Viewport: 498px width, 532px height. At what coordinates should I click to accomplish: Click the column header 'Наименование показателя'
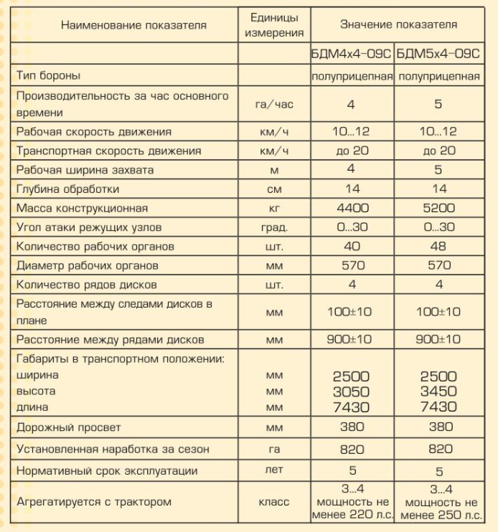pyautogui.click(x=133, y=25)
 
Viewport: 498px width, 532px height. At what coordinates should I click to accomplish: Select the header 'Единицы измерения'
pyautogui.click(x=274, y=25)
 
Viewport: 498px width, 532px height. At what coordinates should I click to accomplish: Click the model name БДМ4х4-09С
pyautogui.click(x=352, y=53)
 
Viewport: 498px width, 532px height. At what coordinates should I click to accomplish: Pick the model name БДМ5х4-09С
pyautogui.click(x=439, y=53)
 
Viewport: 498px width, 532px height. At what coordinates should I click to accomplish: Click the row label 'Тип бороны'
pyautogui.click(x=49, y=75)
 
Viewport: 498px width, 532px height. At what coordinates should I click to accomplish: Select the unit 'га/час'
pyautogui.click(x=274, y=105)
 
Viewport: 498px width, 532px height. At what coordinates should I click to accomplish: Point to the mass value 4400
pyautogui.click(x=352, y=209)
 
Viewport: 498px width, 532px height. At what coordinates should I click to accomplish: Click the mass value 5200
pyautogui.click(x=439, y=209)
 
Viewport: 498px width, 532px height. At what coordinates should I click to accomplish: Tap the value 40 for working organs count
pyautogui.click(x=352, y=247)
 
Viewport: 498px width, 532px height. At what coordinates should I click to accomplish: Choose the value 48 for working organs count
pyautogui.click(x=439, y=247)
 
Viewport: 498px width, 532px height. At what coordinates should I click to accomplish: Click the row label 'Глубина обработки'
pyautogui.click(x=68, y=189)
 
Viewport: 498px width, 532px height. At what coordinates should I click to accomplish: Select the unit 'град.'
pyautogui.click(x=274, y=228)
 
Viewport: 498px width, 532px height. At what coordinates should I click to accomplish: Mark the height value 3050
pyautogui.click(x=352, y=391)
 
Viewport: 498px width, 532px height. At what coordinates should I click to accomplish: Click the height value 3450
pyautogui.click(x=439, y=391)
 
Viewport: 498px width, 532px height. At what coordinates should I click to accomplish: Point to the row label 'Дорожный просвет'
pyautogui.click(x=69, y=427)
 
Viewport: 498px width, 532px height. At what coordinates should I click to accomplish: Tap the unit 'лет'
pyautogui.click(x=274, y=471)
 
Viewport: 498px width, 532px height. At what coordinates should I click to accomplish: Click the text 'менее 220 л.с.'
pyautogui.click(x=352, y=516)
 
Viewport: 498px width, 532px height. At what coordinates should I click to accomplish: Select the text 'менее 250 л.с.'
pyautogui.click(x=439, y=516)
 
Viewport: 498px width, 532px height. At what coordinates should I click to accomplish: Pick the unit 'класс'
pyautogui.click(x=274, y=503)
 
